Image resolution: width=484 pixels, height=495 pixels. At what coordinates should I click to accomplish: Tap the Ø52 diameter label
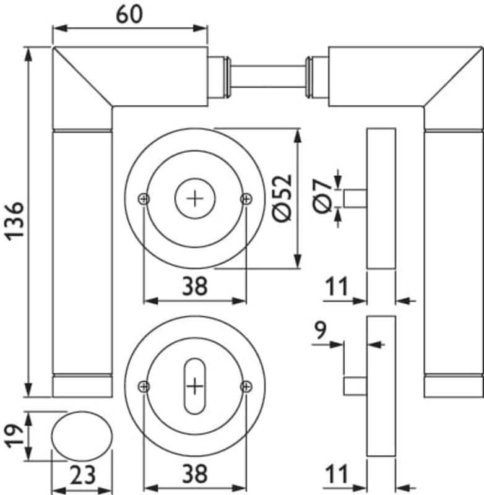(x=281, y=197)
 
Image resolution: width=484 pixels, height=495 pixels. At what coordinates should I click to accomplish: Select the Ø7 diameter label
(x=321, y=197)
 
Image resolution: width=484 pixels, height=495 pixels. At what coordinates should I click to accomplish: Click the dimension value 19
(x=14, y=436)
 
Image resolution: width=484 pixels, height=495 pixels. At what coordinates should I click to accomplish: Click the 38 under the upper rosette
(x=194, y=286)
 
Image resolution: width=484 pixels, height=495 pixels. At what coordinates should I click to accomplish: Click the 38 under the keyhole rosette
(x=194, y=475)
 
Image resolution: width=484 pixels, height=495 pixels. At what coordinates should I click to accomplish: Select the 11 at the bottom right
(x=337, y=475)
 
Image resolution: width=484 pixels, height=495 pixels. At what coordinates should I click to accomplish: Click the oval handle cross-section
(x=82, y=436)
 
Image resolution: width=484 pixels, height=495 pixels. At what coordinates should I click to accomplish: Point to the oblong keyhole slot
(x=195, y=386)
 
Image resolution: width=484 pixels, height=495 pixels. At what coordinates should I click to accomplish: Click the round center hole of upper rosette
(x=195, y=198)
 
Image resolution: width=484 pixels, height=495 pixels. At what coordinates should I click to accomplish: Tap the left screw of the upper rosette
(x=144, y=198)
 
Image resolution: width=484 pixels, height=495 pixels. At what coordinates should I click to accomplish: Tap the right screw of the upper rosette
(x=246, y=198)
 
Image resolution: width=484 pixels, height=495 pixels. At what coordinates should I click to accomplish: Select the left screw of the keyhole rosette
(x=144, y=387)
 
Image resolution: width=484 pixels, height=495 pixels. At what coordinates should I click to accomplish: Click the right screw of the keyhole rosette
(x=246, y=387)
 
